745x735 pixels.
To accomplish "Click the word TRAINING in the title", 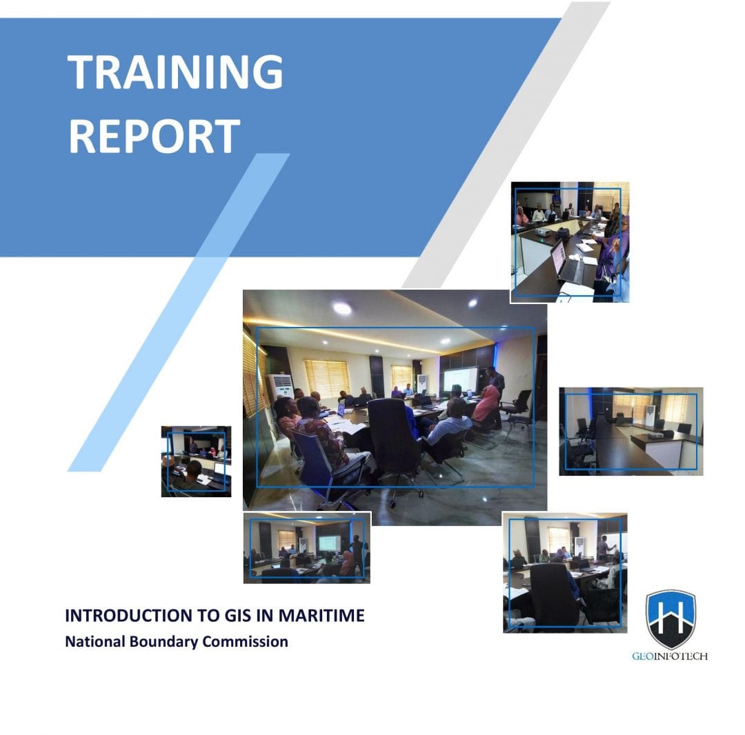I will (x=175, y=72).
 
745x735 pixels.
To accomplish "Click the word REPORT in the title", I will (x=154, y=136).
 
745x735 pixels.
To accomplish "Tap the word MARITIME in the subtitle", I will (x=321, y=615).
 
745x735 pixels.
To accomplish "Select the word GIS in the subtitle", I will (x=232, y=615).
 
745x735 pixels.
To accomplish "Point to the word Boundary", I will (x=163, y=641).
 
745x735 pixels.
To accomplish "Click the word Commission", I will (x=246, y=641).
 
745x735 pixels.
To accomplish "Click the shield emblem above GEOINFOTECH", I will (x=670, y=618).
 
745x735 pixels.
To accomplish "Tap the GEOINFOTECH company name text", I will (x=670, y=656).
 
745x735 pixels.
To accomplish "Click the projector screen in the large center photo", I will (x=459, y=381).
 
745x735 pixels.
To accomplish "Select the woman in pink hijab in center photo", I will (x=487, y=406).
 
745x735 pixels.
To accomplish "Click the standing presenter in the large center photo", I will (x=495, y=386).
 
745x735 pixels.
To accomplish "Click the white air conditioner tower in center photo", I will (x=280, y=390).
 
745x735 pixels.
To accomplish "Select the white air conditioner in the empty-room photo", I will (x=649, y=416).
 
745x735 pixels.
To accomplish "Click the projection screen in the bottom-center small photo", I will (x=328, y=543).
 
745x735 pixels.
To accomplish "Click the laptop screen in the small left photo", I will (x=219, y=469).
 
